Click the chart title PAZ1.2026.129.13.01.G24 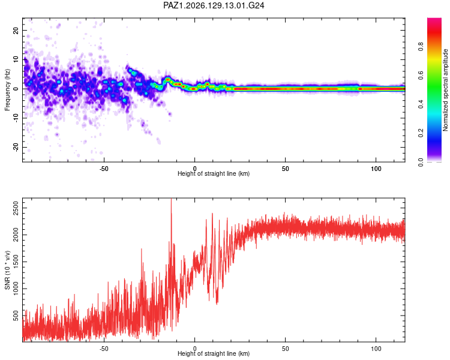pyautogui.click(x=214, y=5)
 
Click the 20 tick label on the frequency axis pyautogui.click(x=16, y=31)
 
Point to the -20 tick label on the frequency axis pyautogui.click(x=16, y=148)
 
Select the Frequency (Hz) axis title pyautogui.click(x=7, y=90)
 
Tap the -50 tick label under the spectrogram pyautogui.click(x=104, y=169)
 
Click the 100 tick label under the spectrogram pyautogui.click(x=376, y=169)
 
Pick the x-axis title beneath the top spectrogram pyautogui.click(x=214, y=173)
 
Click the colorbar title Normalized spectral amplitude pyautogui.click(x=445, y=90)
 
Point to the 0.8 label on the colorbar pyautogui.click(x=421, y=46)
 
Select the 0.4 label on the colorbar pyautogui.click(x=421, y=104)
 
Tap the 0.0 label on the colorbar pyautogui.click(x=421, y=162)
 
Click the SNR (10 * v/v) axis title pyautogui.click(x=7, y=270)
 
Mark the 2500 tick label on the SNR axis pyautogui.click(x=16, y=208)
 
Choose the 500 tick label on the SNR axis pyautogui.click(x=16, y=316)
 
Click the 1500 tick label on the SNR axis pyautogui.click(x=16, y=262)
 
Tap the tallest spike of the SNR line pyautogui.click(x=172, y=199)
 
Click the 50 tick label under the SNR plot pyautogui.click(x=285, y=349)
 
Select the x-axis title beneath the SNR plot pyautogui.click(x=214, y=353)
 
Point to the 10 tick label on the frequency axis pyautogui.click(x=16, y=60)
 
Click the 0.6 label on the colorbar pyautogui.click(x=421, y=75)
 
